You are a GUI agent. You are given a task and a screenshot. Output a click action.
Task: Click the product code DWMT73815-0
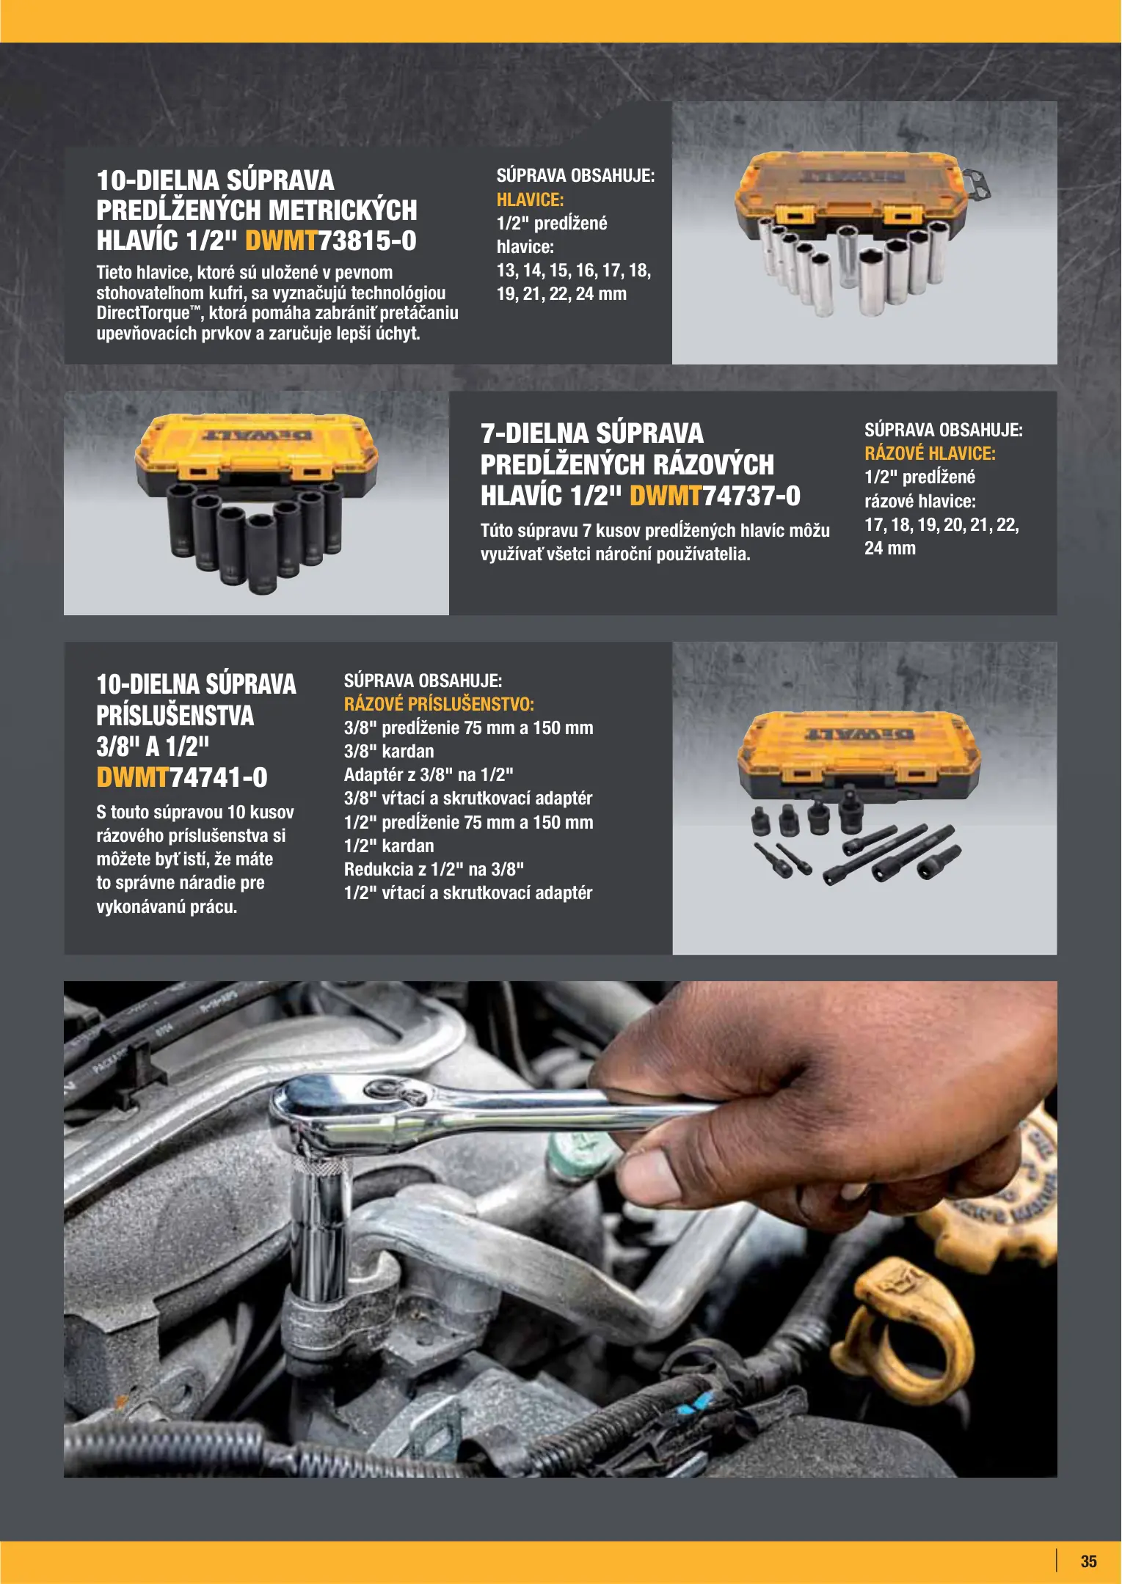[330, 241]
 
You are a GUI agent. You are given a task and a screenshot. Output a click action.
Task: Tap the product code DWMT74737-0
[715, 496]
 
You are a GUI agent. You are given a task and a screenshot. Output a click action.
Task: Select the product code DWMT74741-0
[182, 777]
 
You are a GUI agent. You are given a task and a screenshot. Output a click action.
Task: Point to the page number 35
[1088, 1561]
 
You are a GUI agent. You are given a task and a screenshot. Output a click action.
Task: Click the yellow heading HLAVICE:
[530, 199]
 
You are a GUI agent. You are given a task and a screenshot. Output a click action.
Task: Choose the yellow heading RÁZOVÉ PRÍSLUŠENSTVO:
[439, 704]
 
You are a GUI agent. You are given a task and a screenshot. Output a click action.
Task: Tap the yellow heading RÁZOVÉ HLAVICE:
[930, 453]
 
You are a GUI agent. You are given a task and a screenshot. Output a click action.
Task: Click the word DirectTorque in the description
[143, 313]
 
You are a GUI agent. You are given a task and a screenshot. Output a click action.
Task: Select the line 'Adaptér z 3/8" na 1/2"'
[429, 774]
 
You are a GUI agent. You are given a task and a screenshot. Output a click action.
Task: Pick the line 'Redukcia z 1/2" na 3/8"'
[434, 869]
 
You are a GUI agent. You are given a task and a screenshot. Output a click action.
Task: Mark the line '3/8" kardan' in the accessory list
[389, 751]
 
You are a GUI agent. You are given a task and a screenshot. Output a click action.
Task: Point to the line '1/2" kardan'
[389, 846]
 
